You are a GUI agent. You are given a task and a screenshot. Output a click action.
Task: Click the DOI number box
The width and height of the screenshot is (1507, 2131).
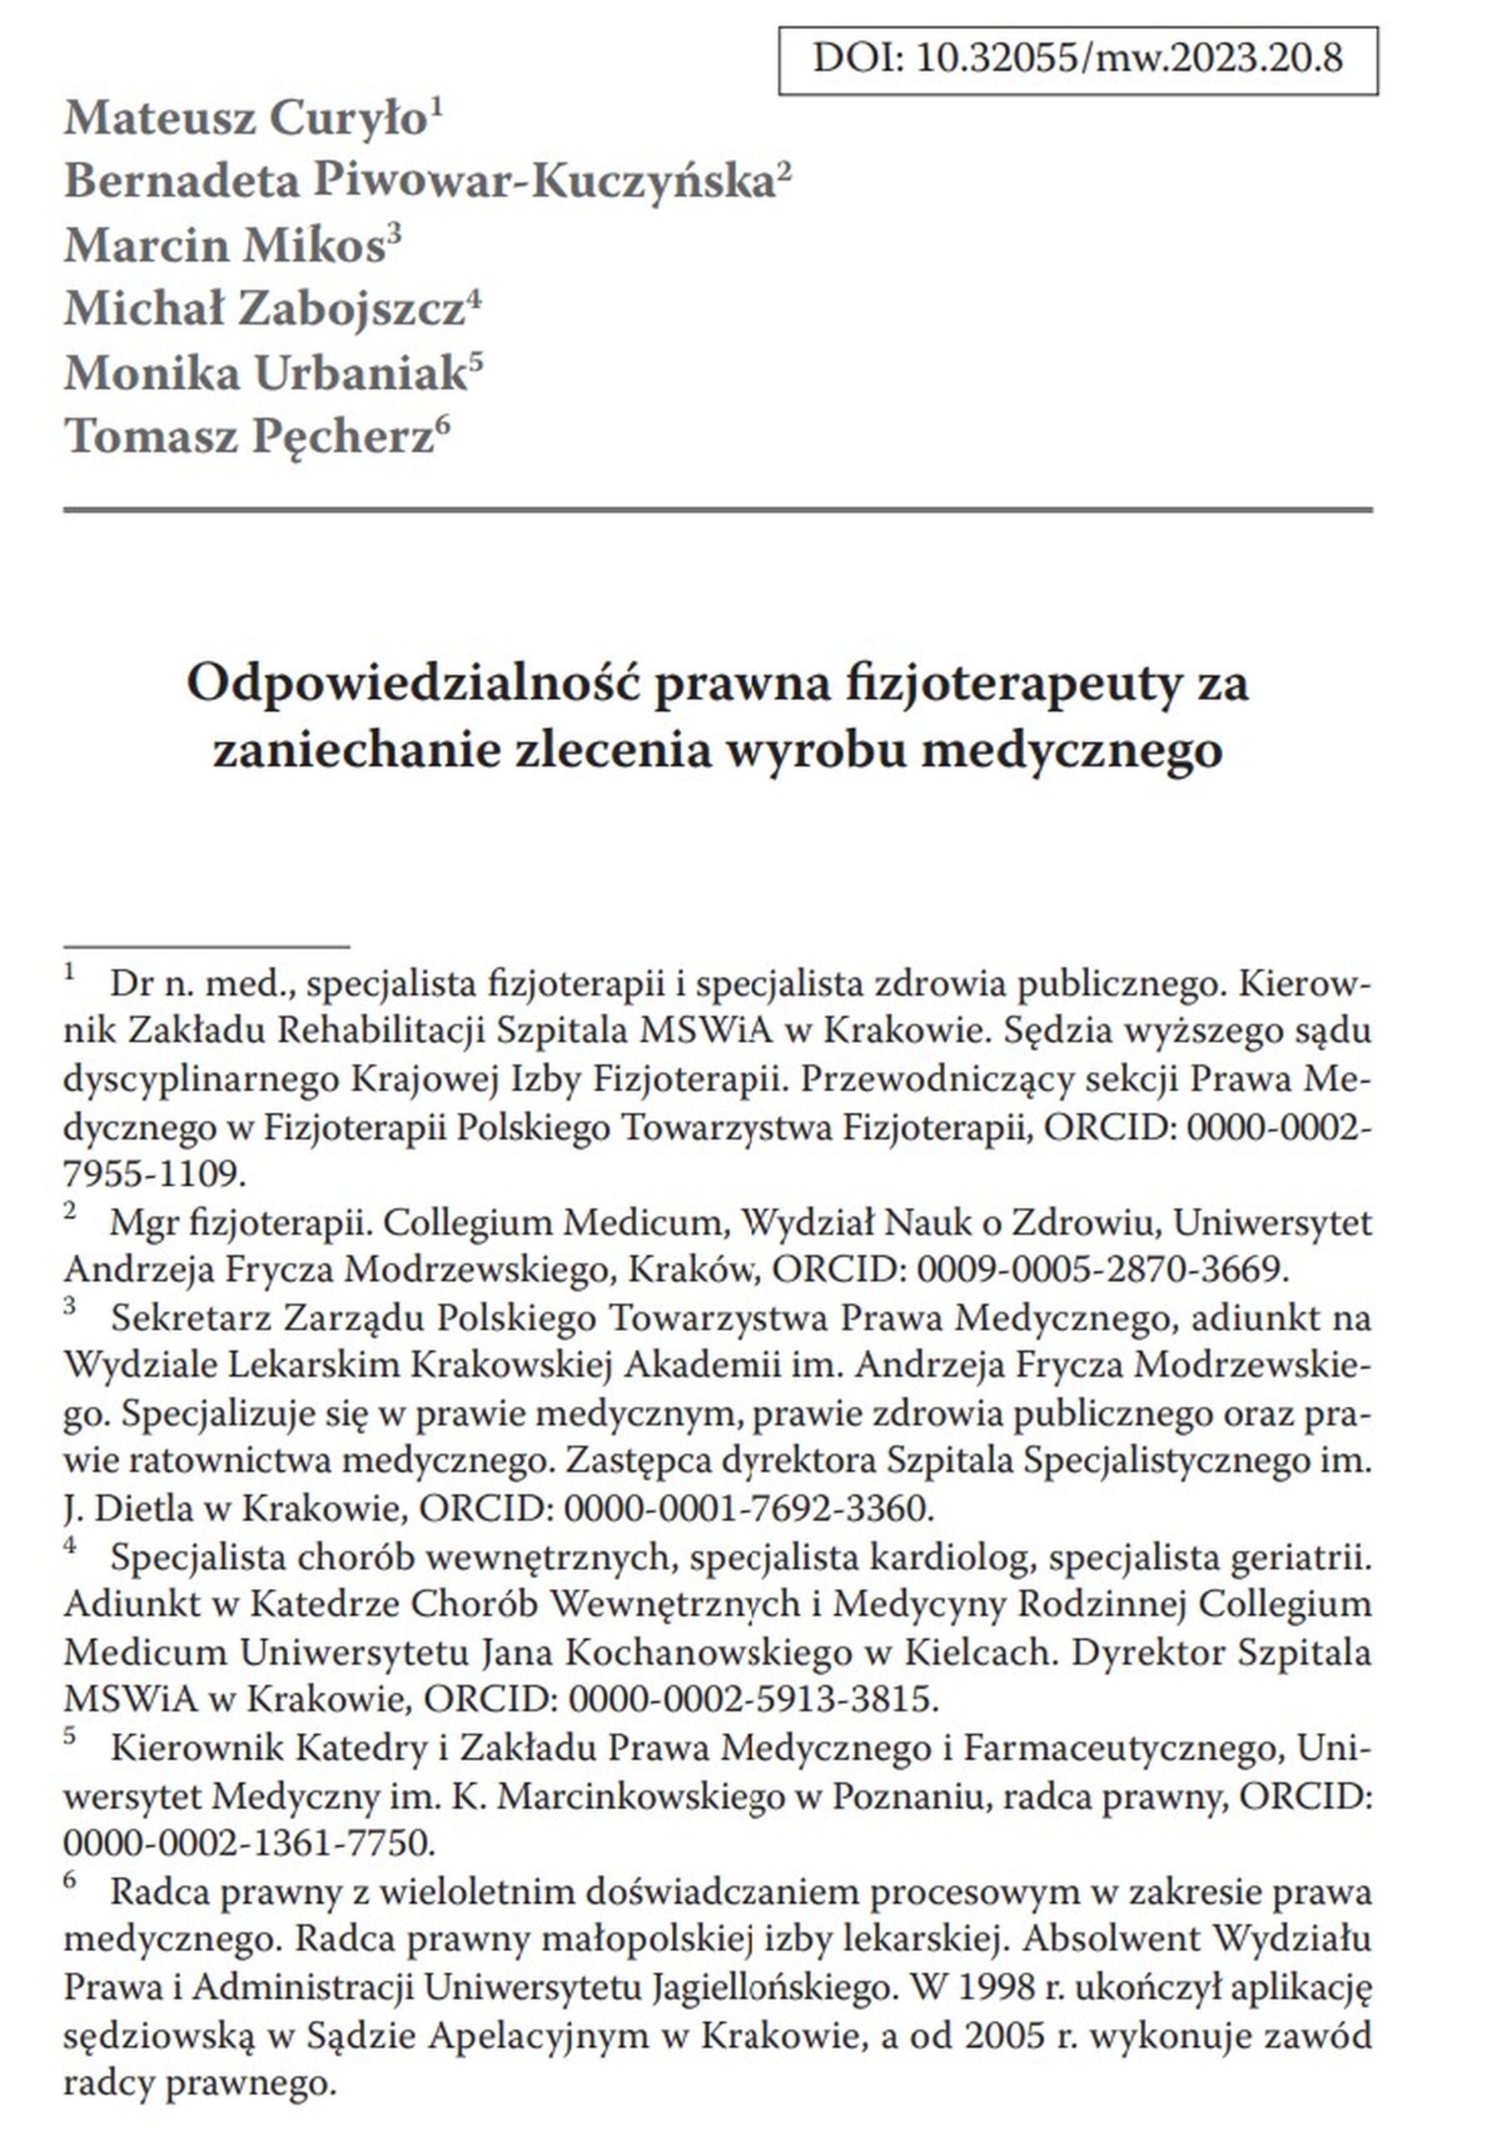pyautogui.click(x=1077, y=60)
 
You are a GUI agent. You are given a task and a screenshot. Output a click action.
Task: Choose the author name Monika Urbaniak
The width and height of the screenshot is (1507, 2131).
pyautogui.click(x=265, y=373)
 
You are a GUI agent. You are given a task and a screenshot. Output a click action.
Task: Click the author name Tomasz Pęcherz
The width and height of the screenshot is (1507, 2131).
pyautogui.click(x=249, y=436)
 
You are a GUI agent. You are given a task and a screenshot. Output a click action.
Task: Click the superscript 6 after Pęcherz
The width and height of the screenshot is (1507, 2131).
pyautogui.click(x=443, y=425)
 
